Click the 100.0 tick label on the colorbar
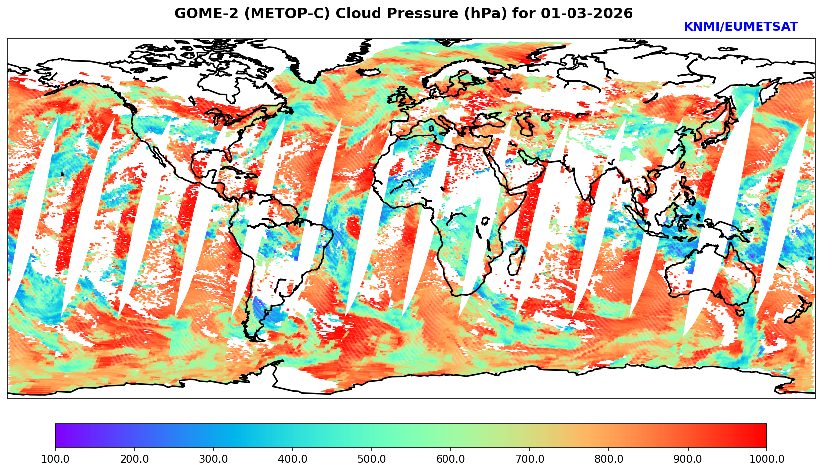[x=55, y=459]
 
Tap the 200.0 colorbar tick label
[x=134, y=459]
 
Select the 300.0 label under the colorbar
[x=213, y=459]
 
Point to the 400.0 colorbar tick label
[x=292, y=459]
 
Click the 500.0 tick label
[x=372, y=459]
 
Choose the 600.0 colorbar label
[x=450, y=459]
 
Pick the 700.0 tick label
[x=530, y=459]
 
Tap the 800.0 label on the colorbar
[x=609, y=459]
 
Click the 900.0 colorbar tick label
[x=688, y=459]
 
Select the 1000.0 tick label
[x=767, y=459]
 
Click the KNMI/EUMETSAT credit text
[x=740, y=27]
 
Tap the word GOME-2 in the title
[x=199, y=14]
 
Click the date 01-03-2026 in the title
[x=587, y=14]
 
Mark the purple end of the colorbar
[x=59, y=436]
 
